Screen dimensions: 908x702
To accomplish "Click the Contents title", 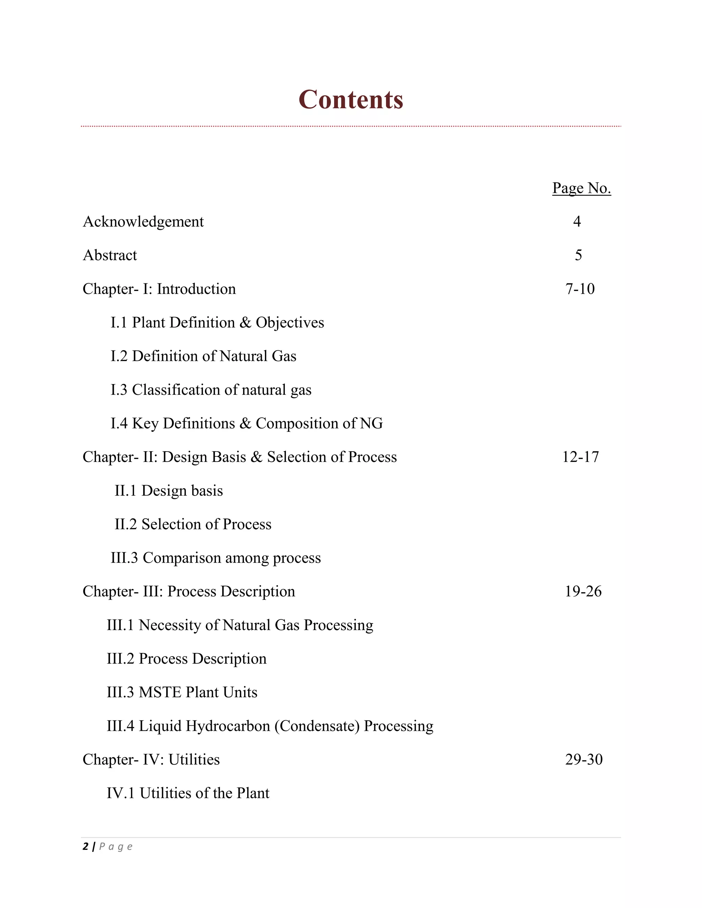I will coord(351,100).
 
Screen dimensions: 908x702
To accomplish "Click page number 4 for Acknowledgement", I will coord(577,222).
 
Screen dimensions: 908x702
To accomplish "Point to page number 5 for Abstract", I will coord(578,255).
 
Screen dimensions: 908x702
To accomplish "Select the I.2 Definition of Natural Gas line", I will coord(203,356).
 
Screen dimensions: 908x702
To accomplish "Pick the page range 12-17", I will coord(580,457).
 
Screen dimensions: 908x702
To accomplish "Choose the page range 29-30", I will coord(583,760).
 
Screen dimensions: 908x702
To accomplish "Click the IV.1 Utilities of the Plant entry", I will coord(187,793).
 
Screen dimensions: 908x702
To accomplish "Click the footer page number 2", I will coord(86,847).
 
